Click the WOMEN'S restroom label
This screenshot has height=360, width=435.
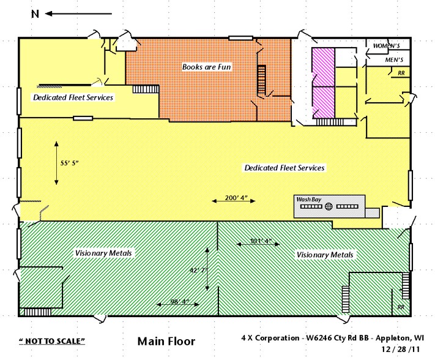click(x=387, y=46)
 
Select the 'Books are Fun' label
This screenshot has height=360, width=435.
click(x=207, y=66)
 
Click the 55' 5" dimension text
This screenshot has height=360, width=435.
click(x=70, y=163)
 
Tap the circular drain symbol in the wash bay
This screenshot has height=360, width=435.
click(x=329, y=207)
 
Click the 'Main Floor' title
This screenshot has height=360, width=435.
click(x=166, y=341)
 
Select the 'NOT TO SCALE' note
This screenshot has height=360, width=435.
click(x=52, y=340)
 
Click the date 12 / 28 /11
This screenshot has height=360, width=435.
click(x=400, y=349)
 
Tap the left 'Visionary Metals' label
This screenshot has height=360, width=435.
click(x=104, y=253)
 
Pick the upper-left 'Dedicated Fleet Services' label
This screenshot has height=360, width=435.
click(x=73, y=97)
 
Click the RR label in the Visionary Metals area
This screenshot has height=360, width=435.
click(x=401, y=307)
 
